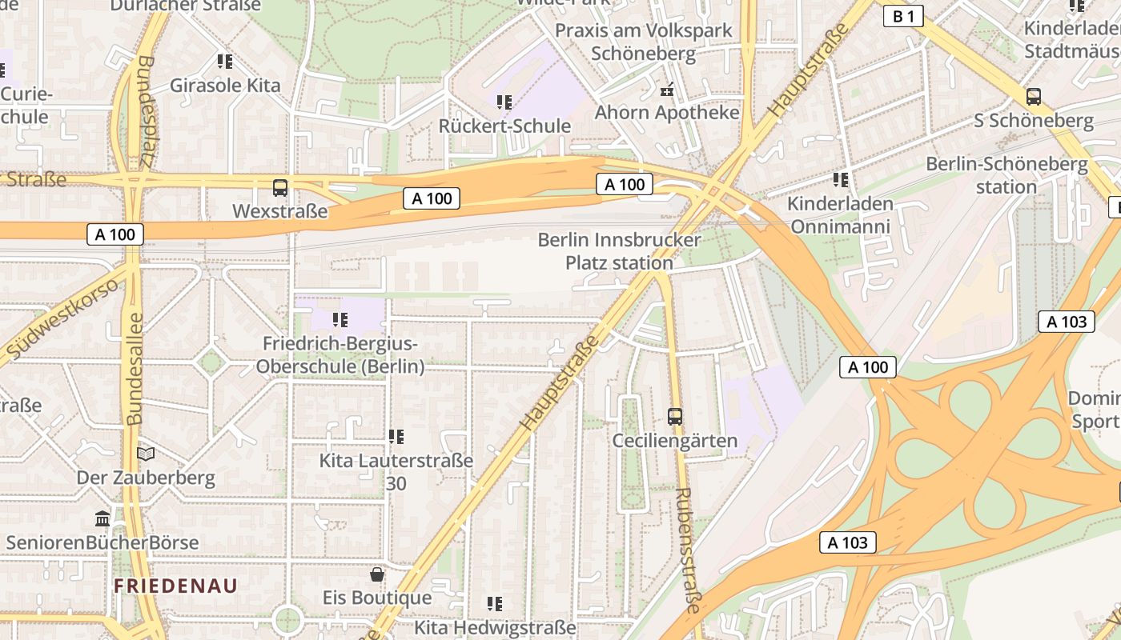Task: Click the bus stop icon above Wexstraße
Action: coord(279,188)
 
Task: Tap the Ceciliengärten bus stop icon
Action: coord(675,417)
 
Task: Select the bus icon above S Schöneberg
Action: coord(1034,97)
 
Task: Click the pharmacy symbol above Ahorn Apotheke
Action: coord(666,89)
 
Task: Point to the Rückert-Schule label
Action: coord(504,126)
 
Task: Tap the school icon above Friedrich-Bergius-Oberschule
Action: coord(340,320)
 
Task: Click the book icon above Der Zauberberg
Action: coord(146,454)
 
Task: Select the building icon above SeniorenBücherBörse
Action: coord(102,519)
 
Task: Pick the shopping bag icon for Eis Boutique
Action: coord(377,574)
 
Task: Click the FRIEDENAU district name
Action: coord(175,586)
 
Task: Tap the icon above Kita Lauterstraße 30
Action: coord(396,437)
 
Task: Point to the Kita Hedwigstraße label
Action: coord(495,627)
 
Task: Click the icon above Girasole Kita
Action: coord(225,62)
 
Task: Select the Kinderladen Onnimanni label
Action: coord(839,214)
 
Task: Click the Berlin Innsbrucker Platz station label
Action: coord(619,250)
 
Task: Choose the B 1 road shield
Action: coord(903,16)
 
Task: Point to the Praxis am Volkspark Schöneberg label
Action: coord(643,42)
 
